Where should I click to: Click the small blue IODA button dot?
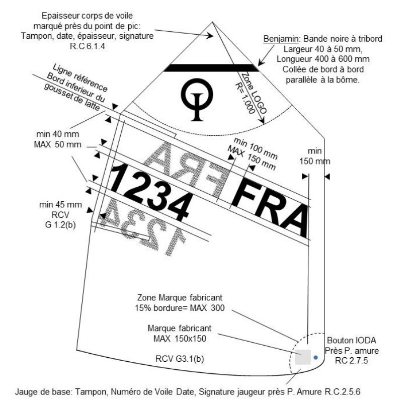pos(315,357)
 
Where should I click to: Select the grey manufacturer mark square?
pos(302,357)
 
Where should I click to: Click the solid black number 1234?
pos(151,189)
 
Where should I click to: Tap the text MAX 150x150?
pos(180,337)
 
